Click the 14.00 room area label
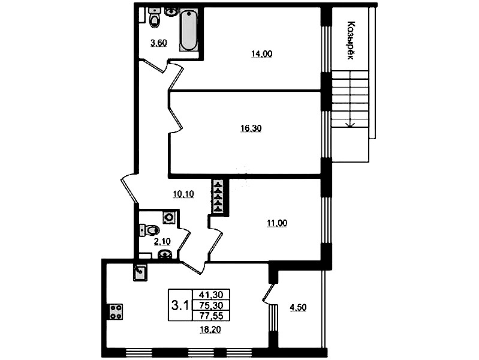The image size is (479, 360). [261, 54]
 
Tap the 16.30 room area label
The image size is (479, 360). [251, 128]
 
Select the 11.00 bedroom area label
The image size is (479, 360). [277, 223]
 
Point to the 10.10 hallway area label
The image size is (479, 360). [183, 194]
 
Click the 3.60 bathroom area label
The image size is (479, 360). [158, 43]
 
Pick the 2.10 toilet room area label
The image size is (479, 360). [162, 242]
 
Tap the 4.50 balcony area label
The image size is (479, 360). [298, 307]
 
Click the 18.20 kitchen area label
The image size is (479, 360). [210, 330]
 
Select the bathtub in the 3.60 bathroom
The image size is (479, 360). [188, 29]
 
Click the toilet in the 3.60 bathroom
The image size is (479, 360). [155, 18]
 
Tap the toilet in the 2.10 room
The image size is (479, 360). [150, 230]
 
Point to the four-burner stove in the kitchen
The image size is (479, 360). [116, 311]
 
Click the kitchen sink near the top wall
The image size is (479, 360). [140, 273]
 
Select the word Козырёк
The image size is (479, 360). [351, 40]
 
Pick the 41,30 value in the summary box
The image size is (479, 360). [211, 295]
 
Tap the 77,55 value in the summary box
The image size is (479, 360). [211, 316]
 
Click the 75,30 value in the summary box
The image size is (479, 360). [211, 305]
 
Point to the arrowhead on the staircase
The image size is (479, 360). [350, 124]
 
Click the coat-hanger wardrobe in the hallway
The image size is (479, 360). [218, 197]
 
